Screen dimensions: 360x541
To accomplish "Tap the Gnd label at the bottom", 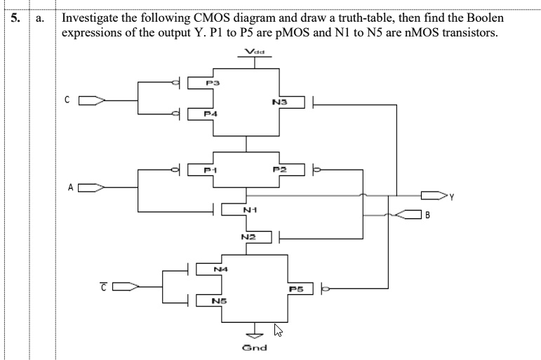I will click(x=253, y=347).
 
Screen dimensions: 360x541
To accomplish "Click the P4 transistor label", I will click(x=210, y=112).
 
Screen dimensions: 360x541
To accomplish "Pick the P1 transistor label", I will click(x=210, y=169).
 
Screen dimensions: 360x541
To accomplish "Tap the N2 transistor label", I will click(x=246, y=237).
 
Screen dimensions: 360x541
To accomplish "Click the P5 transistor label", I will click(x=295, y=288).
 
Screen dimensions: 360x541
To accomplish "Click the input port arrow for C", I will click(x=91, y=100).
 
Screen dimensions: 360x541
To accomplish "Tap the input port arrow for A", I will click(x=91, y=188).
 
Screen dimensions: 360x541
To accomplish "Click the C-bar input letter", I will click(x=104, y=285).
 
